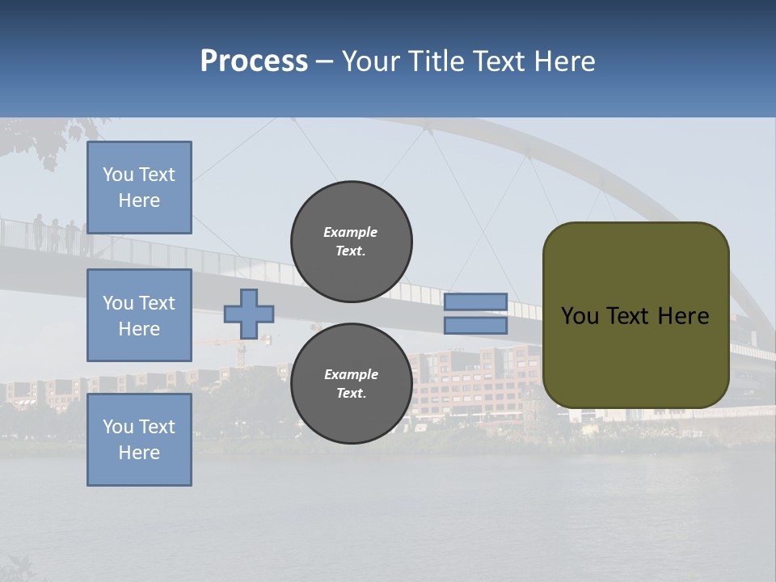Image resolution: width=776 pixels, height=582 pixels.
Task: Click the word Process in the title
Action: [254, 61]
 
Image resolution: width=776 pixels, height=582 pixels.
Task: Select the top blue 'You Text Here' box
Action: [139, 188]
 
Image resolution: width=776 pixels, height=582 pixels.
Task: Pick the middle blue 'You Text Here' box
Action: [139, 315]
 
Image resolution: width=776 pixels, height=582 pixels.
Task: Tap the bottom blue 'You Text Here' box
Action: [139, 439]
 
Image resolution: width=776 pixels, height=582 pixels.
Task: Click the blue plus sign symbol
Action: [248, 314]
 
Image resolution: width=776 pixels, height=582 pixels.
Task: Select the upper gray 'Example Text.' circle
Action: [351, 242]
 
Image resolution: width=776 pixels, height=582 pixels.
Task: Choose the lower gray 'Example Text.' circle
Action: [351, 384]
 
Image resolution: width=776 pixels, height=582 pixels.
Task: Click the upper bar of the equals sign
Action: [475, 302]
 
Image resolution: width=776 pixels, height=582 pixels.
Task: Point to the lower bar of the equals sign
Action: [475, 325]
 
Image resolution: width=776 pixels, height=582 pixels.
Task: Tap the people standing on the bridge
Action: [57, 233]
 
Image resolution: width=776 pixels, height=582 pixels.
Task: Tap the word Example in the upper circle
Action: [350, 232]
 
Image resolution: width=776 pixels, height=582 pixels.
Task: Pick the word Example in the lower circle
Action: [351, 374]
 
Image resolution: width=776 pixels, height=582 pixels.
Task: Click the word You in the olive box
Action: [579, 316]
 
